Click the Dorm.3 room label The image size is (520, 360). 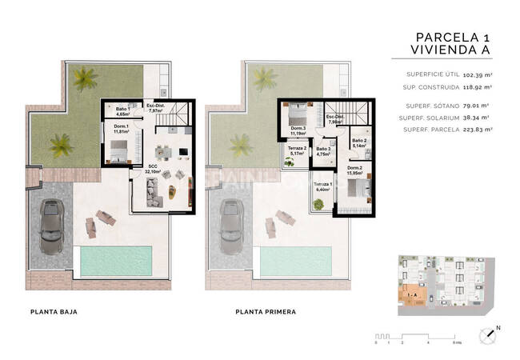click(x=298, y=132)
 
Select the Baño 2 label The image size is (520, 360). click(x=359, y=143)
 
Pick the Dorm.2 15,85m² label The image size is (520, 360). click(x=355, y=170)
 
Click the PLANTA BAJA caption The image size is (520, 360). click(x=53, y=313)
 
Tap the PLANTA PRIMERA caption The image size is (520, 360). click(x=266, y=313)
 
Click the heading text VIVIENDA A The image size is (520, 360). click(x=450, y=52)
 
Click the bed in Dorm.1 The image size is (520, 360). click(x=118, y=149)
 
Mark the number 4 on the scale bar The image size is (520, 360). click(x=429, y=342)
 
